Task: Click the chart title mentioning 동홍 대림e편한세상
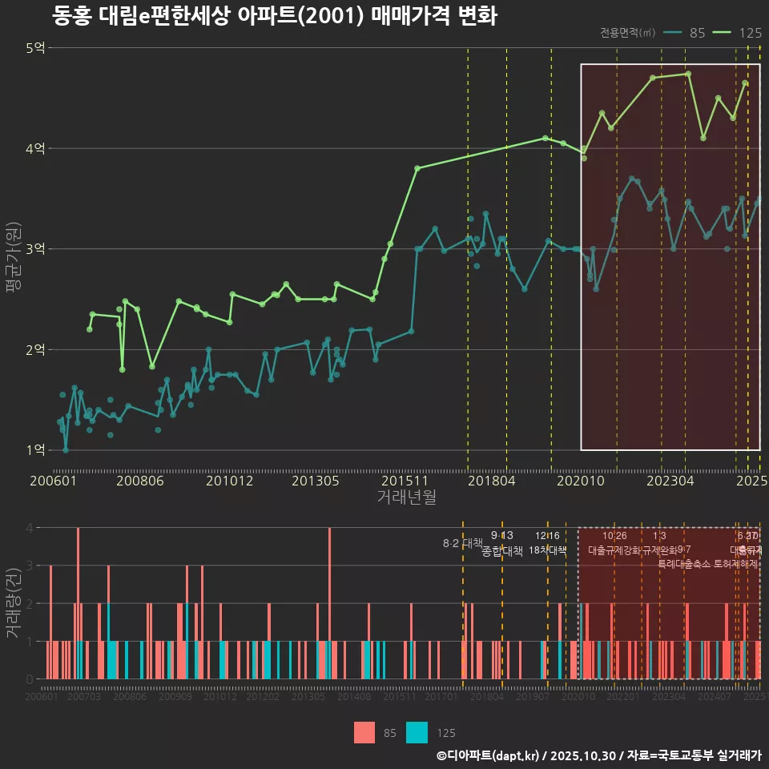coord(275,16)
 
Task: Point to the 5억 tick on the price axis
coord(35,48)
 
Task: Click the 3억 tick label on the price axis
coord(35,249)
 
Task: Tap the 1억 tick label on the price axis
coord(35,450)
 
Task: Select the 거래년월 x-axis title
coord(406,497)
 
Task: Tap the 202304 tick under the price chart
coord(669,481)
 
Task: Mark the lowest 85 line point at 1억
coord(66,450)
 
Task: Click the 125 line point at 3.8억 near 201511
coord(417,168)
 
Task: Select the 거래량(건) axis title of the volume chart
coord(14,603)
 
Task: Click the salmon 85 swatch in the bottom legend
coord(364,732)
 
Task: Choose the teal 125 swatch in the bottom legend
coord(417,732)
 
